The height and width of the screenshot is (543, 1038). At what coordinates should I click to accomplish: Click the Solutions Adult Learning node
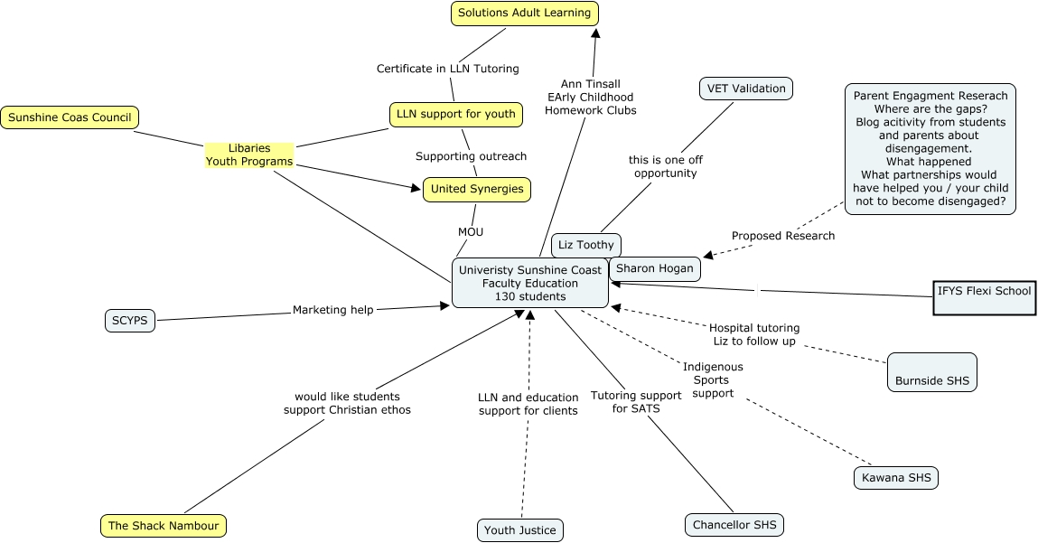click(x=524, y=14)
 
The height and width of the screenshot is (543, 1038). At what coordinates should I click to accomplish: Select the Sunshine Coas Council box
click(x=70, y=117)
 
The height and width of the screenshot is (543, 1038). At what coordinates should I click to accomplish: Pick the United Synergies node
click(x=476, y=189)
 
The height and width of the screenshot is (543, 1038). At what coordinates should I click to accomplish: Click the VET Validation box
click(x=746, y=89)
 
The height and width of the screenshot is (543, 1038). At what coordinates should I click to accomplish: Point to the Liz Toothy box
click(x=585, y=245)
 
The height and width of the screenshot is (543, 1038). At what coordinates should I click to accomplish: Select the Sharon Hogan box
click(x=654, y=268)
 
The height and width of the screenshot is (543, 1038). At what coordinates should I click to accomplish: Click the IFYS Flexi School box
click(x=984, y=297)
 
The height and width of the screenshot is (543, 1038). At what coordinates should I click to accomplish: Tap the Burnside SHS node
click(x=931, y=371)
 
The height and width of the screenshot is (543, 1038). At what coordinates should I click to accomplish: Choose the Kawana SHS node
click(x=895, y=478)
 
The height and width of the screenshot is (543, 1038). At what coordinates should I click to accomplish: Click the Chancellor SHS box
click(x=734, y=525)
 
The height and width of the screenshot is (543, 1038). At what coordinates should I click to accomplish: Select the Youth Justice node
click(x=519, y=530)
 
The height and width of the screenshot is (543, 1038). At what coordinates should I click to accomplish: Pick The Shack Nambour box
click(x=163, y=526)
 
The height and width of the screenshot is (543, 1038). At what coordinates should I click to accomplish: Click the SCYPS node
click(x=130, y=321)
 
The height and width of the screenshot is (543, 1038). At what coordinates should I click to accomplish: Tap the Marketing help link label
click(x=332, y=310)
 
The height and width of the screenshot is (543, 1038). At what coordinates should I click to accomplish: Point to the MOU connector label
click(x=471, y=232)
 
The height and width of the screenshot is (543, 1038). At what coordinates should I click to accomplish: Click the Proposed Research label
click(x=783, y=236)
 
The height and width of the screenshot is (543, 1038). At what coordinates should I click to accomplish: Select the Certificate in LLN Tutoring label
click(x=447, y=69)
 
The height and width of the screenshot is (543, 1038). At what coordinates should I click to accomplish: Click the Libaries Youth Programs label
click(x=249, y=154)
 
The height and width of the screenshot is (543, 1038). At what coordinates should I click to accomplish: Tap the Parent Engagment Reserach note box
click(x=930, y=149)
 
